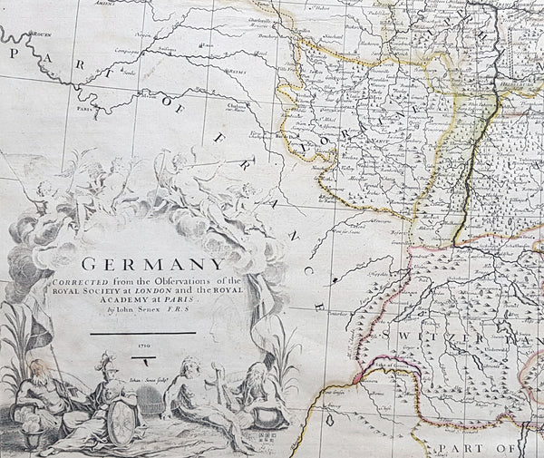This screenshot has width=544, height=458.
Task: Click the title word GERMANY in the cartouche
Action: pyautogui.click(x=152, y=267)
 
